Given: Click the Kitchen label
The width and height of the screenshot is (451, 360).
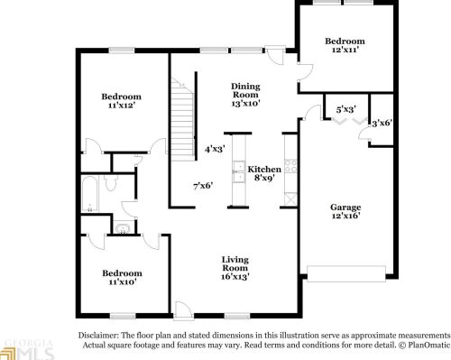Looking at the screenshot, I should point(264,169).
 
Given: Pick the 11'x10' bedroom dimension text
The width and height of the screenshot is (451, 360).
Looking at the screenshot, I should point(121,283).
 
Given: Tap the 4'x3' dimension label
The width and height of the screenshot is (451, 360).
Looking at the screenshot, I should point(215,149).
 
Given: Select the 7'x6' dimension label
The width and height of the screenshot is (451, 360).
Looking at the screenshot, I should point(203,186).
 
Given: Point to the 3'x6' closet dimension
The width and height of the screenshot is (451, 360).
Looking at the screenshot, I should point(382,123).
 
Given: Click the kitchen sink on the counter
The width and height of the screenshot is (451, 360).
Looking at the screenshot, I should point(238,168).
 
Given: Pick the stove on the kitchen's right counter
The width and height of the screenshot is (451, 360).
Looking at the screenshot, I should point(290,168).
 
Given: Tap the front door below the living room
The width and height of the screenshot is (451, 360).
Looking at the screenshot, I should point(183,309).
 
